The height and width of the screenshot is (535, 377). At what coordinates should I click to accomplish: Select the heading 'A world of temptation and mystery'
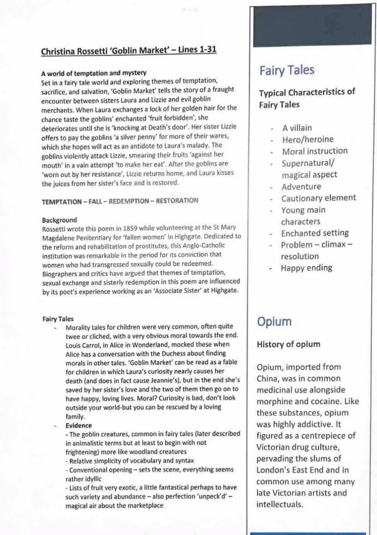pyautogui.click(x=93, y=73)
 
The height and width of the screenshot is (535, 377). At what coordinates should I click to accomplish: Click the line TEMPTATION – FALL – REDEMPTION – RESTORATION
pyautogui.click(x=120, y=200)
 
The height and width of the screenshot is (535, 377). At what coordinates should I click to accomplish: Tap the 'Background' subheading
pyautogui.click(x=59, y=220)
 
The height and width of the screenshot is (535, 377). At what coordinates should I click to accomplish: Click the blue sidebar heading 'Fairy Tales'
pyautogui.click(x=287, y=70)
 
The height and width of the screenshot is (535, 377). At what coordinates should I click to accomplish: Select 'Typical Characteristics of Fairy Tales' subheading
pyautogui.click(x=307, y=98)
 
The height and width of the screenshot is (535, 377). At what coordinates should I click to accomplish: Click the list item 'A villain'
pyautogui.click(x=297, y=128)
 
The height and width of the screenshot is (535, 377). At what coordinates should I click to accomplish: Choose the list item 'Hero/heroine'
pyautogui.click(x=307, y=139)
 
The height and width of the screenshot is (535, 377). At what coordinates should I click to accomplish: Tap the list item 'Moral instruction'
pyautogui.click(x=314, y=151)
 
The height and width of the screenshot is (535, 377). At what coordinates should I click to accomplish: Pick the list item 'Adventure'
pyautogui.click(x=301, y=187)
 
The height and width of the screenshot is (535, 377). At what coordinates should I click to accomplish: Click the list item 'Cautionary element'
pyautogui.click(x=318, y=198)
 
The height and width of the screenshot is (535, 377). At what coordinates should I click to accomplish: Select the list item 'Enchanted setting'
pyautogui.click(x=315, y=233)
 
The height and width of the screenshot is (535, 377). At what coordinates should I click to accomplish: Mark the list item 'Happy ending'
pyautogui.click(x=306, y=268)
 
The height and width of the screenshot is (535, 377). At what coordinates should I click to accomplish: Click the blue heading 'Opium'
pyautogui.click(x=274, y=321)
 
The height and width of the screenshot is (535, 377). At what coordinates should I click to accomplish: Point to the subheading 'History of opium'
pyautogui.click(x=288, y=344)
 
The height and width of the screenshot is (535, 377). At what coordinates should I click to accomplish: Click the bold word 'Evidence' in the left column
pyautogui.click(x=78, y=426)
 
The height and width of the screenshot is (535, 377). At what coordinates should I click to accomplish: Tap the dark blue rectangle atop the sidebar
pyautogui.click(x=312, y=25)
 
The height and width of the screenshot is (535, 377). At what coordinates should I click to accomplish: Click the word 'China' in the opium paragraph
pyautogui.click(x=269, y=378)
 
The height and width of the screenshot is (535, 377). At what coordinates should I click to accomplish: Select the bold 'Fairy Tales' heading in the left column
pyautogui.click(x=58, y=319)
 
